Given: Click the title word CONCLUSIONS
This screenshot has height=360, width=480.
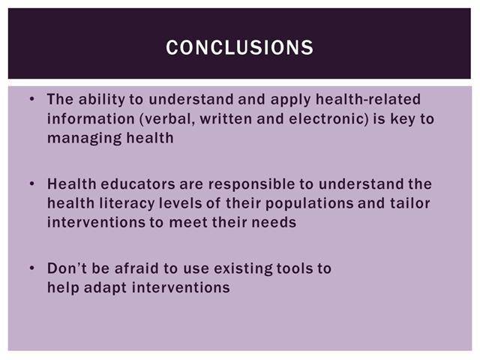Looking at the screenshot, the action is pyautogui.click(x=240, y=47).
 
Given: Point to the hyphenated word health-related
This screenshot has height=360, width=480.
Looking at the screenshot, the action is pyautogui.click(x=368, y=99).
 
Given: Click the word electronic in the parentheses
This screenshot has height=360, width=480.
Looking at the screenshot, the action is pyautogui.click(x=328, y=118).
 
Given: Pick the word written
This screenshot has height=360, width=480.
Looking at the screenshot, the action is pyautogui.click(x=226, y=118).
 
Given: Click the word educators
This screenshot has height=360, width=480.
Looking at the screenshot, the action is pyautogui.click(x=138, y=184).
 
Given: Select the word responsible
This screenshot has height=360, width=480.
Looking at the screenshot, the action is pyautogui.click(x=252, y=184).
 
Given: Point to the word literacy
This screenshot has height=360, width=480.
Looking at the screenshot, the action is pyautogui.click(x=127, y=204).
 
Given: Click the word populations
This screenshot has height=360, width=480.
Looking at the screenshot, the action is pyautogui.click(x=310, y=204).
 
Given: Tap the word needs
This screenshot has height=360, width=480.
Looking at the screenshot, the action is pyautogui.click(x=274, y=222).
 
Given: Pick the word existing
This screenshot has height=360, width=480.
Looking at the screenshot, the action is pyautogui.click(x=243, y=269).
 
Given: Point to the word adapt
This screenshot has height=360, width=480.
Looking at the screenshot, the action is pyautogui.click(x=105, y=288).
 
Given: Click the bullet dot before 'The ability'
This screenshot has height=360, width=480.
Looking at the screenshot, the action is pyautogui.click(x=32, y=99).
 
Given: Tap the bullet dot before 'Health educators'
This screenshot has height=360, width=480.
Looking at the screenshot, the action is pyautogui.click(x=32, y=184).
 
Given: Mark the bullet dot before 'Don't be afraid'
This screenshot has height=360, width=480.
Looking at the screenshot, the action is pyautogui.click(x=32, y=268).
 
